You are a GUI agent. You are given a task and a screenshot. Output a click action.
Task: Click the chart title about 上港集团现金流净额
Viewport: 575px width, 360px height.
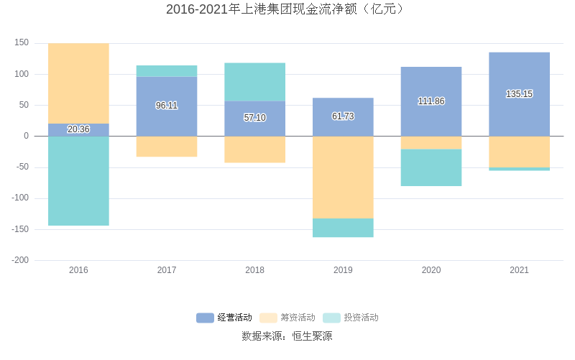pos(287,9)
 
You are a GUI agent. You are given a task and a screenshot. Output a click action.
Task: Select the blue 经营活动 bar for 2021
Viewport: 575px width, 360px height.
pos(519,72)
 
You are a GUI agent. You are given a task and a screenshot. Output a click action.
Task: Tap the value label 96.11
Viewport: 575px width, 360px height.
pos(167,106)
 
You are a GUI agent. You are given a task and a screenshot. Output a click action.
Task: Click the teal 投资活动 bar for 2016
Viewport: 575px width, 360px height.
pos(78,181)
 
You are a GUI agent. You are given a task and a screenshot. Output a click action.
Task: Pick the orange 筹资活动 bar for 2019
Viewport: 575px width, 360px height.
pos(343,177)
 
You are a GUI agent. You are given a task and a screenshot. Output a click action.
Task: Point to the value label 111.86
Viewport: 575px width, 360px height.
pos(431,101)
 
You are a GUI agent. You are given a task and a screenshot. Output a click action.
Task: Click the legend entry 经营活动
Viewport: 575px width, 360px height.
pos(224,318)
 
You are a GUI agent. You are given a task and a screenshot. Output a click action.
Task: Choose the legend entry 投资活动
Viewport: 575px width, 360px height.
pos(351,318)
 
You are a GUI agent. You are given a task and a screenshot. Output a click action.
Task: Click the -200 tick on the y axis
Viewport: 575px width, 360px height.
pos(20,260)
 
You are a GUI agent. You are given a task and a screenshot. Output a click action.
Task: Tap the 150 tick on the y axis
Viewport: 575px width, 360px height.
pos(22,43)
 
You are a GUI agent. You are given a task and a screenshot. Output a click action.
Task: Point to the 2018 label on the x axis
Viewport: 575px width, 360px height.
pos(254,270)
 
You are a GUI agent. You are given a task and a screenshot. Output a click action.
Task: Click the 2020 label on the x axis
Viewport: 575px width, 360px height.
pos(431,270)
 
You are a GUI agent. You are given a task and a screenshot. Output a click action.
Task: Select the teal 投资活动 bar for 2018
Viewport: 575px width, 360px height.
pos(254,82)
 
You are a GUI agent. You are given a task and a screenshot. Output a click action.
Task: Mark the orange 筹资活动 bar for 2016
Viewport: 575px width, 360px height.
pos(78,83)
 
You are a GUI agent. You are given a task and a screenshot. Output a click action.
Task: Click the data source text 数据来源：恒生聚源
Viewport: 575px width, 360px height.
pos(287,336)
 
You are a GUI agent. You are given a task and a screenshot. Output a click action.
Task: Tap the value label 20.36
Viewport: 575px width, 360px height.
pos(78,129)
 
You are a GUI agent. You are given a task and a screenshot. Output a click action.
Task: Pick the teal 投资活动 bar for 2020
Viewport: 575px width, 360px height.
pos(431,167)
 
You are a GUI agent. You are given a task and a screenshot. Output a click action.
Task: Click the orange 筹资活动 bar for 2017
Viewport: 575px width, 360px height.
pos(167,147)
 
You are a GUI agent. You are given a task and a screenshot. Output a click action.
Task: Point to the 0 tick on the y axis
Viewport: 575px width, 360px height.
pos(26,136)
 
